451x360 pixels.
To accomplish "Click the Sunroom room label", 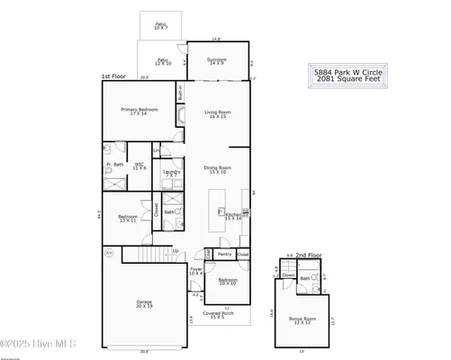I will (x=216, y=62).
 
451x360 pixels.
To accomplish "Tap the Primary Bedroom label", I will (x=140, y=112).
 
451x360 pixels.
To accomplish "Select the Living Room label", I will (x=220, y=114).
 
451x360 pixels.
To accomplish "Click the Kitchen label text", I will (x=233, y=215).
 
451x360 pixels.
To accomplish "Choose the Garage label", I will (x=144, y=304).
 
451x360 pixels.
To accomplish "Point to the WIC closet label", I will (x=140, y=166).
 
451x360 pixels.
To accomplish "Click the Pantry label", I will (x=225, y=255).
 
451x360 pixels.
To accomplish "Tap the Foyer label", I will (x=195, y=271).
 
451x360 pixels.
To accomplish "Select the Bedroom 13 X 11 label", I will (x=126, y=219).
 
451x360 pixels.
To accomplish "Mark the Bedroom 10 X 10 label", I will (x=227, y=283).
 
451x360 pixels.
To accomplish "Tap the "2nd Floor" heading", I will (x=309, y=256).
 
